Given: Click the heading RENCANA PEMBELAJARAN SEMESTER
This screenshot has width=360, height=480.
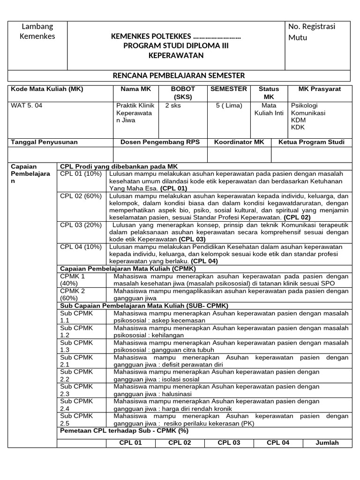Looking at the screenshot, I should click(179, 75).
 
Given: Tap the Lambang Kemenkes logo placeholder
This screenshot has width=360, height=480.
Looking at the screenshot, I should click(38, 31).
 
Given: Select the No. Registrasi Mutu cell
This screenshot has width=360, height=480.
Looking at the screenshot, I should click(312, 31).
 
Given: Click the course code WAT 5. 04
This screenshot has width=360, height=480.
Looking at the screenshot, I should click(26, 105).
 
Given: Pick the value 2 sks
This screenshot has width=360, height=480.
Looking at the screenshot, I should click(173, 105).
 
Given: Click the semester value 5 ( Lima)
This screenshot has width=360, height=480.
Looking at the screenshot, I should click(229, 105).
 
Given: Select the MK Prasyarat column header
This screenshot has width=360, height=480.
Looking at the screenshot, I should click(320, 89).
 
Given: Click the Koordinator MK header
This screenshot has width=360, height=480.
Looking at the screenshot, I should click(239, 142).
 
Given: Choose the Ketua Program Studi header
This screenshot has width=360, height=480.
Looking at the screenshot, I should click(311, 142).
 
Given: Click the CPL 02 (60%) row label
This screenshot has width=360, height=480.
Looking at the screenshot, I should click(81, 196).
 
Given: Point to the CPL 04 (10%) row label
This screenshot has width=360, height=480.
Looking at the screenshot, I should click(81, 247).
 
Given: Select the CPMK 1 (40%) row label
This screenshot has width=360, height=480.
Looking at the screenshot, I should click(73, 280).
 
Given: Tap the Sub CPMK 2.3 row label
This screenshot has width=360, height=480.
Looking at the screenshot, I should click(77, 390).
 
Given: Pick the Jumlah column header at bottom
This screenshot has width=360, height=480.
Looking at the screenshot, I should click(326, 442).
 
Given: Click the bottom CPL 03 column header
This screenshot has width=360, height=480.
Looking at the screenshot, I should click(229, 442).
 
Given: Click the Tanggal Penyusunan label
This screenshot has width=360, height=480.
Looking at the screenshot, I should click(44, 142).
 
